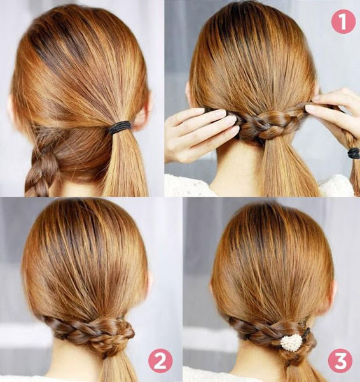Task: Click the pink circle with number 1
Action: [x=343, y=22]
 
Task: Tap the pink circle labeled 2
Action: [x=160, y=360]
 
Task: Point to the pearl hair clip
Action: [x=291, y=343]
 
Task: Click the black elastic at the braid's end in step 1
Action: [x=354, y=153]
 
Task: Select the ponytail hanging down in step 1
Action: [x=287, y=168]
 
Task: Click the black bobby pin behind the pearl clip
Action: [x=307, y=332]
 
